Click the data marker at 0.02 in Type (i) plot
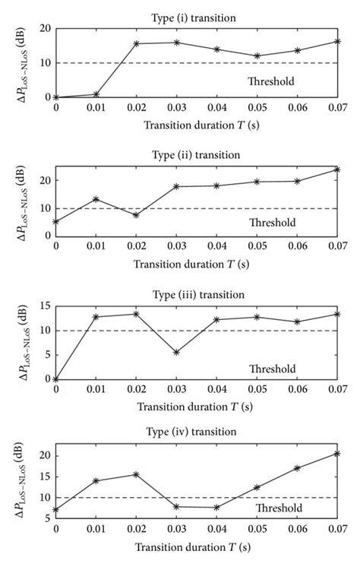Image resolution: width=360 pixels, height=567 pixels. click(x=136, y=43)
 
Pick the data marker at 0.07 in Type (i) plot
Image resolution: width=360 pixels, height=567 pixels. click(x=337, y=41)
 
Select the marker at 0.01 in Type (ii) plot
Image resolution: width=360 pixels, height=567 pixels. click(x=96, y=199)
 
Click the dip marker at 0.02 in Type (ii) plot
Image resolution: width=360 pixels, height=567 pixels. click(x=136, y=215)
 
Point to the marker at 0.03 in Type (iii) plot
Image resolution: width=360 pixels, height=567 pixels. click(x=176, y=352)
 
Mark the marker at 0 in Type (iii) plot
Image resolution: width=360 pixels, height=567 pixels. click(x=55, y=379)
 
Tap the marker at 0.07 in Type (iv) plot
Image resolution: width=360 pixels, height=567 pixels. click(x=337, y=454)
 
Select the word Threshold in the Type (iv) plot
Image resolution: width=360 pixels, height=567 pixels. click(x=278, y=508)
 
